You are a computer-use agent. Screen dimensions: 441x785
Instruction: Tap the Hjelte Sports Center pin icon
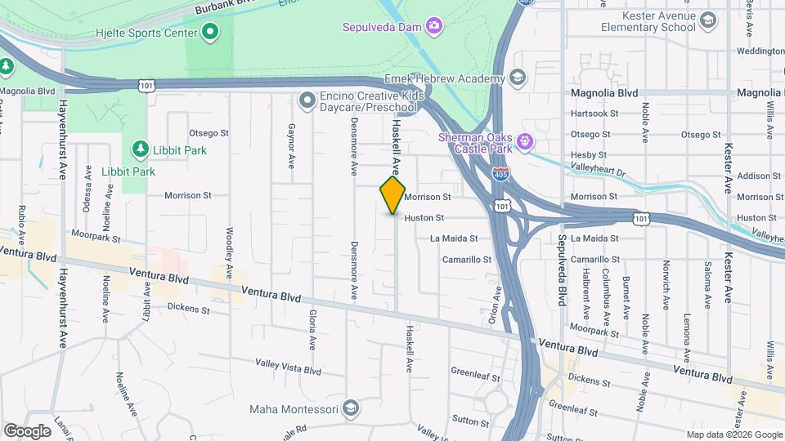point(210,33)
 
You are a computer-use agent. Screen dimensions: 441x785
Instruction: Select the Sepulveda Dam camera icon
point(435,27)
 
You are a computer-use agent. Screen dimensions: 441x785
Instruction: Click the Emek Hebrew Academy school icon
point(517,78)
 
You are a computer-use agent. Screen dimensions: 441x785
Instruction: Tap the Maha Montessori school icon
point(350,407)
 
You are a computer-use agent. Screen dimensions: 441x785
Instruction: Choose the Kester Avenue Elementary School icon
point(708,20)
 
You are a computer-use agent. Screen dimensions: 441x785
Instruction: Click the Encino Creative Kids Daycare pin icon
point(307,100)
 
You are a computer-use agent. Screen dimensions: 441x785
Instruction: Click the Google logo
point(27,430)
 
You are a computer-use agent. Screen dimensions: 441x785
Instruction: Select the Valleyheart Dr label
point(599,172)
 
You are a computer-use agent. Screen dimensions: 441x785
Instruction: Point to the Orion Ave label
point(494,305)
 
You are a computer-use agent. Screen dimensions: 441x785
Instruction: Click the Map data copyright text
point(734,434)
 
